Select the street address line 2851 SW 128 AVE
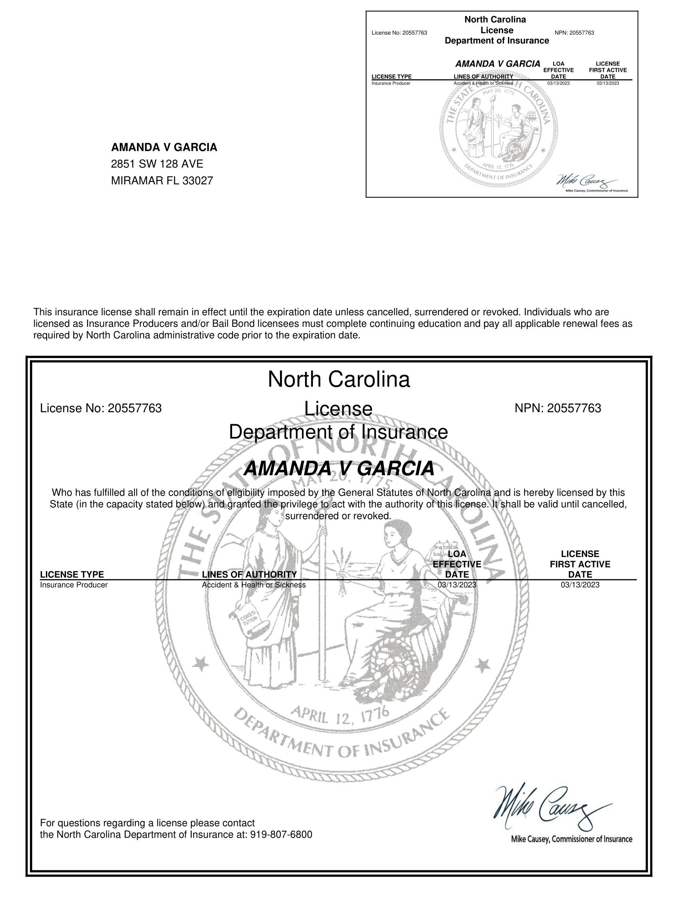[157, 164]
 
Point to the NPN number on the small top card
[574, 33]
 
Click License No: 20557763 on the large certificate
[101, 408]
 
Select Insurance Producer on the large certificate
[73, 585]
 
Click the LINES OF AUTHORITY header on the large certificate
[249, 574]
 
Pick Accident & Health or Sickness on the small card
[483, 83]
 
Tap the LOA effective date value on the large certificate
[457, 585]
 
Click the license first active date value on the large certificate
[580, 585]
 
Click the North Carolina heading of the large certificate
[339, 379]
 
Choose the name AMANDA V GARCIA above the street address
[164, 147]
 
